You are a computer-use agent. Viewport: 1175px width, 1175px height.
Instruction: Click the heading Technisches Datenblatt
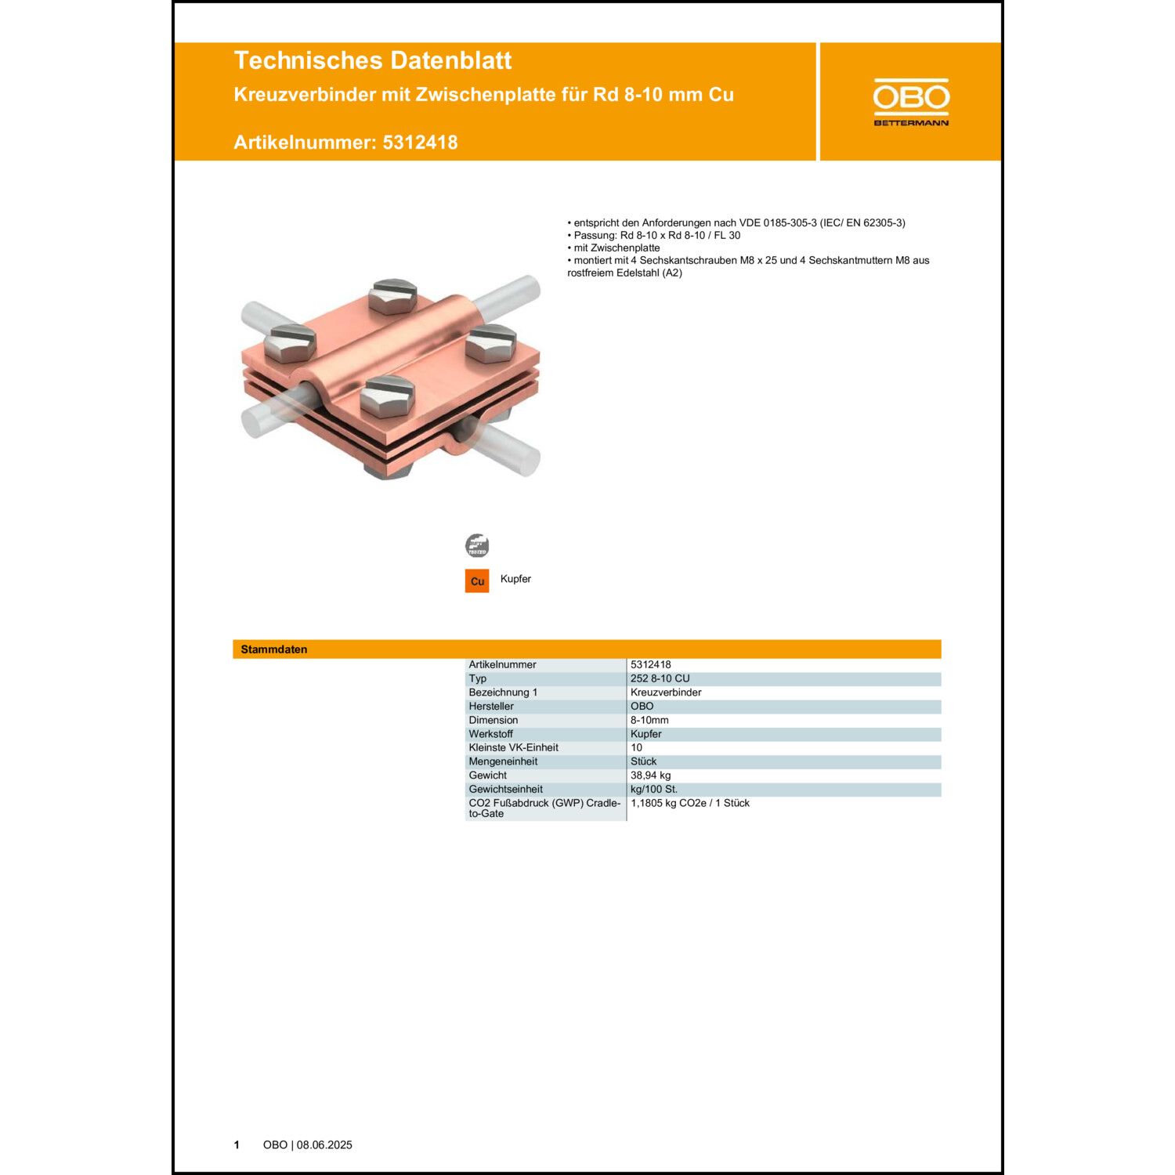[x=372, y=60]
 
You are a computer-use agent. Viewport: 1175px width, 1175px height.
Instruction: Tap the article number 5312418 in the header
[x=420, y=143]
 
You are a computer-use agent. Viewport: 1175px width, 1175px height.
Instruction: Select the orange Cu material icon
[x=477, y=581]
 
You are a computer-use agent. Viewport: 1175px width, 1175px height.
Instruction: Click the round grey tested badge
[x=477, y=545]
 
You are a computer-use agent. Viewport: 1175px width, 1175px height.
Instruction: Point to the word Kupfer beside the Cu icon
[x=515, y=579]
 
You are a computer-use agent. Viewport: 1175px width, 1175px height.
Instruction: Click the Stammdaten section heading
[x=274, y=649]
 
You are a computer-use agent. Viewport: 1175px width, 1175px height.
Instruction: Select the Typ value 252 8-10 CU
[x=660, y=678]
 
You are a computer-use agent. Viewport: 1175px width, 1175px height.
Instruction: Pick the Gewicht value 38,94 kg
[x=651, y=775]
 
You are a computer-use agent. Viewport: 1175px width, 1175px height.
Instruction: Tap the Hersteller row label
[x=491, y=707]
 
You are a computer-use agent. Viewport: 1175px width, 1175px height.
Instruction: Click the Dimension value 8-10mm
[x=649, y=720]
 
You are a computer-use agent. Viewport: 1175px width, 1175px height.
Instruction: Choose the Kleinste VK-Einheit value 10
[x=637, y=747]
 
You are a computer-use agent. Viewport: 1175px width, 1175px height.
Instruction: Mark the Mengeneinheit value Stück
[x=644, y=761]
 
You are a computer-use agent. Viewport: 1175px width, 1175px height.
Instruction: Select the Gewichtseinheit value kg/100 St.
[x=654, y=789]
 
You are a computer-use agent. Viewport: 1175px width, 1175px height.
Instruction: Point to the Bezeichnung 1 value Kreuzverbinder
[x=666, y=692]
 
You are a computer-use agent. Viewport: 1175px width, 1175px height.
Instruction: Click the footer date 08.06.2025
[x=324, y=1145]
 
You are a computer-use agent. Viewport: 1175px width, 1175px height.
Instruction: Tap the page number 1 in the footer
[x=237, y=1145]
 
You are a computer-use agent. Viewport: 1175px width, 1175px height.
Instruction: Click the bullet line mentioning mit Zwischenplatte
[x=616, y=248]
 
